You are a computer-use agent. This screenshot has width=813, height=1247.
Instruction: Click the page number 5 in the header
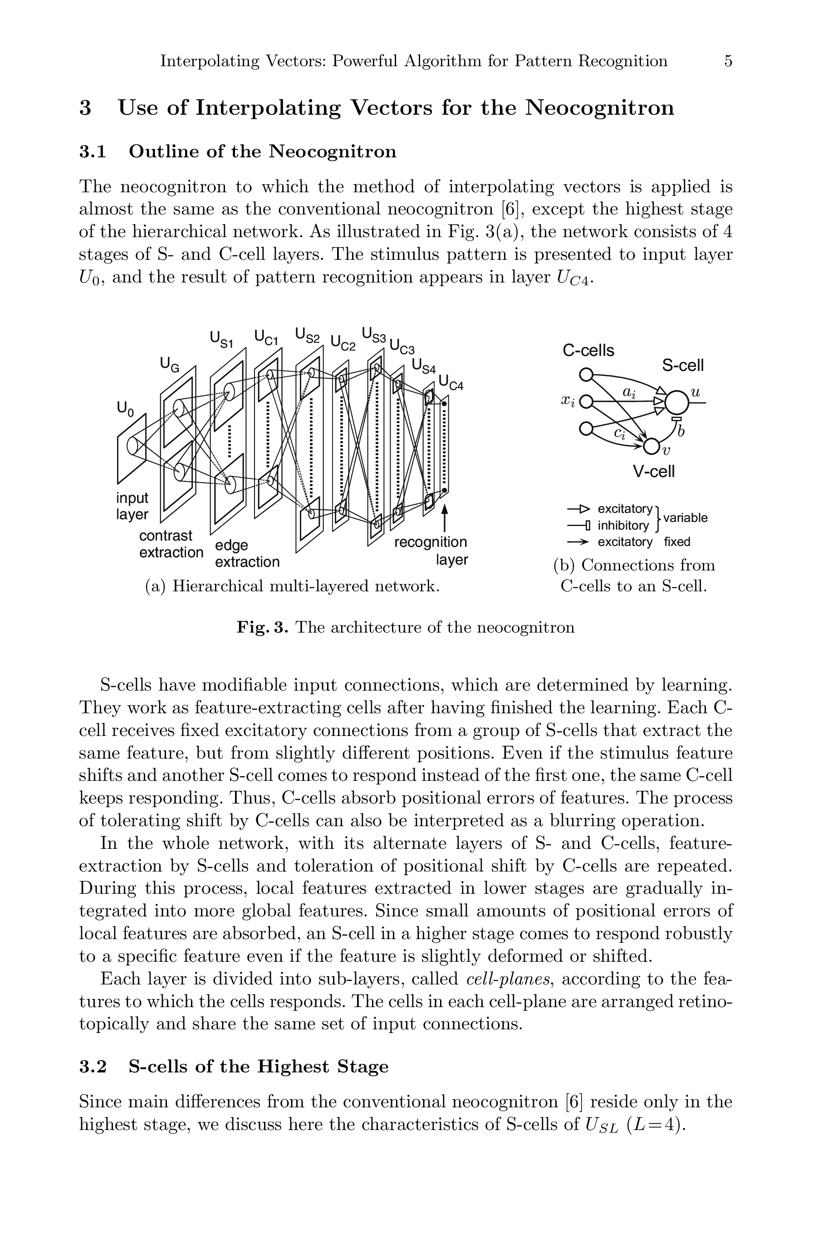[728, 61]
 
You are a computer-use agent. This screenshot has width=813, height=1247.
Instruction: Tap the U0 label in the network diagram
[125, 408]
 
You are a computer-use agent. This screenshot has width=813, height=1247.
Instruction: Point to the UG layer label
[169, 364]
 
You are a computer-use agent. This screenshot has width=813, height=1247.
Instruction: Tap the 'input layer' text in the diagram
[132, 506]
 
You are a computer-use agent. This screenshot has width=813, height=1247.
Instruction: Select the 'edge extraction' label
[246, 553]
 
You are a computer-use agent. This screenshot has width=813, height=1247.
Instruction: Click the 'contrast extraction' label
[171, 544]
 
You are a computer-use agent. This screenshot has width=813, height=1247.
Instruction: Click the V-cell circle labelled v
[651, 446]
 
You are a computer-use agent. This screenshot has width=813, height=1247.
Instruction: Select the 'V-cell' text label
[654, 472]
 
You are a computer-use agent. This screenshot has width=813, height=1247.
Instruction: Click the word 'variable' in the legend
[685, 518]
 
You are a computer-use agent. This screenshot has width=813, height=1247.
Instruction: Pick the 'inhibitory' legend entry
[623, 525]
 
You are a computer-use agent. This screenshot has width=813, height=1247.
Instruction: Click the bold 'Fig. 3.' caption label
[262, 627]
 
